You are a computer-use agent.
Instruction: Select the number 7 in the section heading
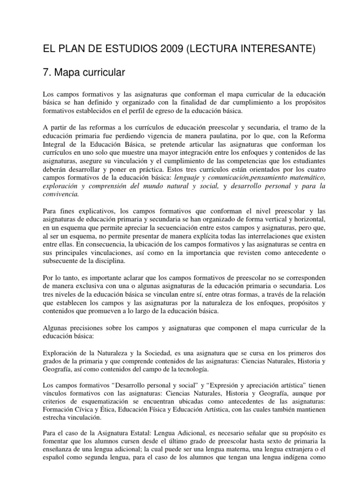click(x=46, y=73)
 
